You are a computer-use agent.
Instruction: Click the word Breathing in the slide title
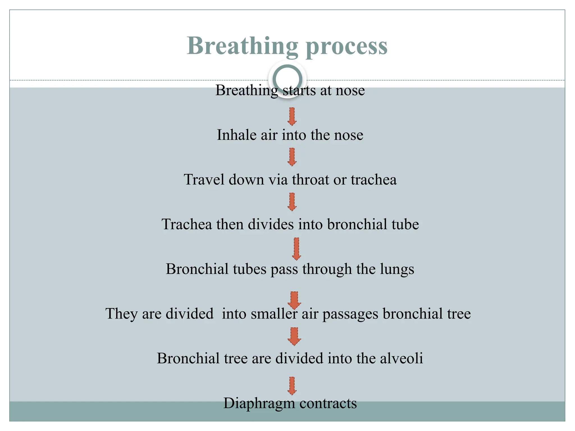tap(242, 46)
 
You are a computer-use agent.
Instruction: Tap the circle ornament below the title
tap(287, 79)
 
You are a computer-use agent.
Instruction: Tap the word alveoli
tap(401, 358)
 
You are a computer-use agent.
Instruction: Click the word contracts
tap(328, 404)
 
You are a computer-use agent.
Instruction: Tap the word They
tap(122, 314)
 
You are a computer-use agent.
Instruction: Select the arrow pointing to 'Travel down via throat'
tap(292, 157)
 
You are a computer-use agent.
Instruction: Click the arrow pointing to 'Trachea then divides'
tap(292, 202)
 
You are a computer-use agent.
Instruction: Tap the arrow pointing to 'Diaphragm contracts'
tap(292, 386)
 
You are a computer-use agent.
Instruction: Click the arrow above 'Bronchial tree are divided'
tap(294, 336)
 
